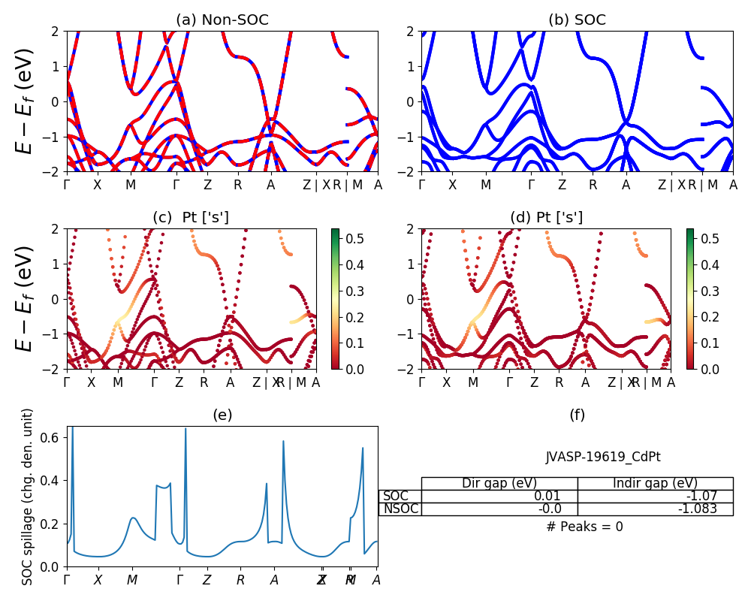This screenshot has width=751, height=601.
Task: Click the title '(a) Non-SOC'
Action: click(222, 20)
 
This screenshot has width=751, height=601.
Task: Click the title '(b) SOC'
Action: click(577, 20)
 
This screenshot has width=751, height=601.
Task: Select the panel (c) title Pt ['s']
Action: click(191, 218)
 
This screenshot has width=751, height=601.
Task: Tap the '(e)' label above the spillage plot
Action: click(222, 415)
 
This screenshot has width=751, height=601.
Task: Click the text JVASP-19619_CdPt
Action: click(603, 457)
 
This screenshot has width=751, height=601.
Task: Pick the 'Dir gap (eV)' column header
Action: click(499, 483)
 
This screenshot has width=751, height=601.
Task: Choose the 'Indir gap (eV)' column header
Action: click(655, 483)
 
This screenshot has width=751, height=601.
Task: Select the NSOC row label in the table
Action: click(400, 509)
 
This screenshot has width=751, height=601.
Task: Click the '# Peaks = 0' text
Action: click(584, 527)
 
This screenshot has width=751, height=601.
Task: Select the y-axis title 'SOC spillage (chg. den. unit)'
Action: click(28, 497)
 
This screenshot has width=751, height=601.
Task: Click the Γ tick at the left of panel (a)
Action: click(67, 185)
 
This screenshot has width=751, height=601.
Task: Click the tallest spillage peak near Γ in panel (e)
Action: click(72, 430)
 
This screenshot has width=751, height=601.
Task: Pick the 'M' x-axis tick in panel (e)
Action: click(132, 580)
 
